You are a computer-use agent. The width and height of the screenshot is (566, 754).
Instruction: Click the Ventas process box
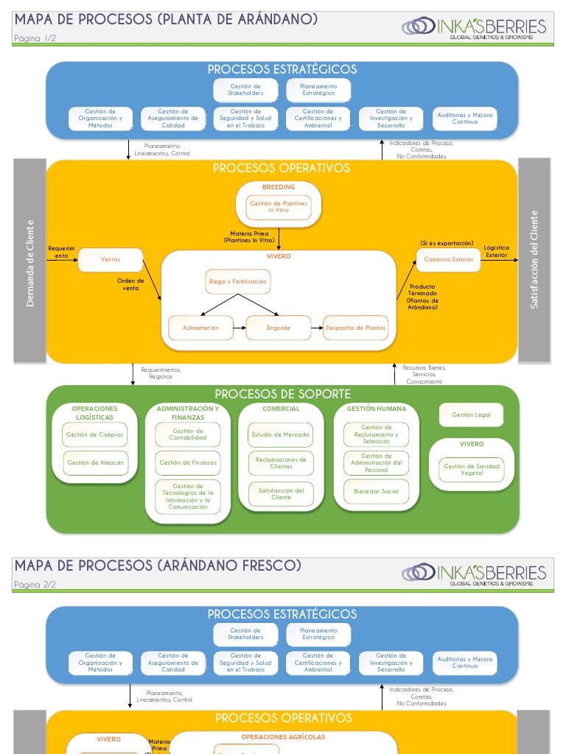tap(111, 259)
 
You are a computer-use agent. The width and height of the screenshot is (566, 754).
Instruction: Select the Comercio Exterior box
tap(448, 259)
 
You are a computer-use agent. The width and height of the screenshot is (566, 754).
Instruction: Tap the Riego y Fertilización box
tap(237, 281)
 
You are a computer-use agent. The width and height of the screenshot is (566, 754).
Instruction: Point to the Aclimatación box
tap(200, 328)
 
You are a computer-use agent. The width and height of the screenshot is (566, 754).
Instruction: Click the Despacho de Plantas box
tap(355, 328)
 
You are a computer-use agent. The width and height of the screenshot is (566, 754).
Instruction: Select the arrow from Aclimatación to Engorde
tap(239, 328)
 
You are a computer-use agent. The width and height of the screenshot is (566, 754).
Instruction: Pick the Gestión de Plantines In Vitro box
tap(279, 207)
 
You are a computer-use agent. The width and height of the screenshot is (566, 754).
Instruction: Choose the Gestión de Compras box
tap(94, 434)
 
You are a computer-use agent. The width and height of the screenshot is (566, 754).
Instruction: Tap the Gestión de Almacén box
tap(94, 463)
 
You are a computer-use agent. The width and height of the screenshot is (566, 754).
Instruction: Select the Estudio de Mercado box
tap(281, 434)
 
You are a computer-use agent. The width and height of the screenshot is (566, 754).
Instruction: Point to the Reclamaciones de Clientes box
tap(281, 462)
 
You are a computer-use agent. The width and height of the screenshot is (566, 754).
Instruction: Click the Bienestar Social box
tap(376, 491)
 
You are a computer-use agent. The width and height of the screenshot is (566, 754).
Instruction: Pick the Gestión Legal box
tap(472, 415)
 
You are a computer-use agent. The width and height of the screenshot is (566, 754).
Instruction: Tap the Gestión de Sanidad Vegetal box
tap(472, 469)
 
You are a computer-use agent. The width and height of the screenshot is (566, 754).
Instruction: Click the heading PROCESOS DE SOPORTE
tap(282, 394)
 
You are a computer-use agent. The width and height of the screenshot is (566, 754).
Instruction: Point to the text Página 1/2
tap(35, 39)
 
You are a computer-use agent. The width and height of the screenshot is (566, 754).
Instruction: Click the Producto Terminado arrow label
tap(422, 297)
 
